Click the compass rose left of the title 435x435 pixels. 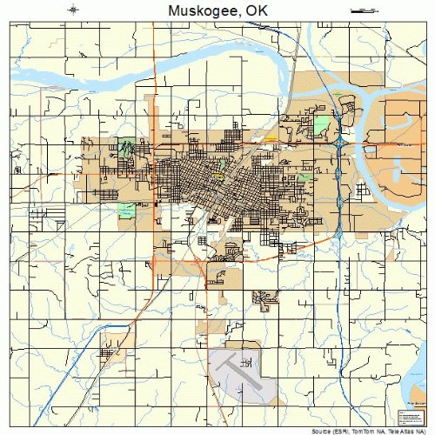pos(73,10)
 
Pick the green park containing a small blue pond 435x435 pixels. pos(128,210)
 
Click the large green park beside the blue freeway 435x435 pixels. pos(323,123)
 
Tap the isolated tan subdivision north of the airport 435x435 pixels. pos(265,298)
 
